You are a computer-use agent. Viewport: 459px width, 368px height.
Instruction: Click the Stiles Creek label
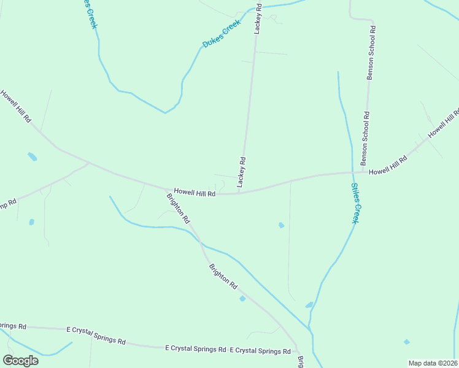tap(355, 204)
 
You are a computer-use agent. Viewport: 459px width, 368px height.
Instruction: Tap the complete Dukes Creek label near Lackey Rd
tap(222, 34)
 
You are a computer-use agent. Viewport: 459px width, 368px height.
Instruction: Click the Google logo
tap(20, 360)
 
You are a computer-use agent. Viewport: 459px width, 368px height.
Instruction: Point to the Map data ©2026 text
tap(433, 363)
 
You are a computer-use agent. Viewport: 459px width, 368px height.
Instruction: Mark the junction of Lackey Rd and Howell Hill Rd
tap(239, 193)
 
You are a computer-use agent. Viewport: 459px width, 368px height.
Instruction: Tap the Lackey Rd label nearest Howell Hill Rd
tap(242, 172)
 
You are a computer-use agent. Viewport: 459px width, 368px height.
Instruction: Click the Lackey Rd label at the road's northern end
tap(258, 18)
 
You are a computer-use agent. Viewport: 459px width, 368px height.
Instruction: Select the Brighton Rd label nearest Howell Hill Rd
tap(179, 208)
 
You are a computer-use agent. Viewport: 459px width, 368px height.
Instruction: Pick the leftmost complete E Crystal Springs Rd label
tap(96, 335)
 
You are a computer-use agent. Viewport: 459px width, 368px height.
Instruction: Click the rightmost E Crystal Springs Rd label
tap(260, 351)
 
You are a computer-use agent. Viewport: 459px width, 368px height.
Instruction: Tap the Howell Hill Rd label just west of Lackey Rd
tap(194, 193)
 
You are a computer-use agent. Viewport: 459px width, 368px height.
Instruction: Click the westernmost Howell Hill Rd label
tap(15, 107)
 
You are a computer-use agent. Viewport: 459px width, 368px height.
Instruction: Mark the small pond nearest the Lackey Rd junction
tap(282, 225)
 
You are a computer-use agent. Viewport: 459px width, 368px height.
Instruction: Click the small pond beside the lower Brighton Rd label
tap(242, 299)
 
